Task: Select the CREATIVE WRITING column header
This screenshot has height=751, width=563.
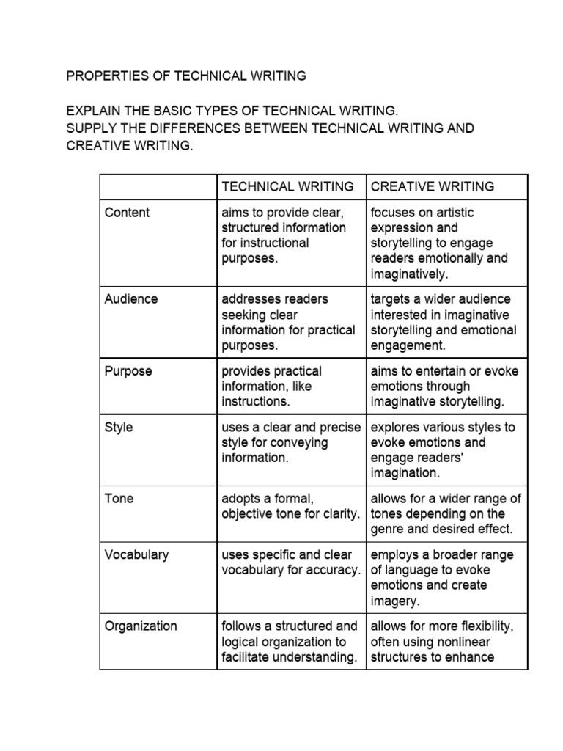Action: pos(433,186)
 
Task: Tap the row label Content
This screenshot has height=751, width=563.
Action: pos(127,213)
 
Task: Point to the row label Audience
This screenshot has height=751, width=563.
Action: pos(131,299)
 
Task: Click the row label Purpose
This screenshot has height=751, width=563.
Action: pos(128,371)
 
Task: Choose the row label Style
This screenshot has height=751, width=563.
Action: pos(119,427)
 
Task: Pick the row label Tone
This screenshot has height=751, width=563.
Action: pos(119,499)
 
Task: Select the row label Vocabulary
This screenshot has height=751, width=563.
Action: pos(136,555)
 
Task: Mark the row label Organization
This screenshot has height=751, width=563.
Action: pos(141,626)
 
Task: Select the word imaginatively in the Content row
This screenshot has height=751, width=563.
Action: pos(408,274)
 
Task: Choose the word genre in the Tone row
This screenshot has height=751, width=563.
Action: pos(389,529)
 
